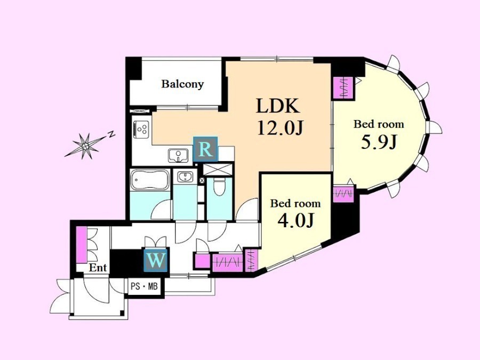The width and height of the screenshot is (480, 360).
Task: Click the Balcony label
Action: point(182,84)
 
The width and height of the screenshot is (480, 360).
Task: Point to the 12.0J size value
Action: point(281,127)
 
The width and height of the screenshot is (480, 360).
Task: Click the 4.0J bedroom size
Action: point(295,220)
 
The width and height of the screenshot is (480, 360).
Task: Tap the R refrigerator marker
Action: point(205,149)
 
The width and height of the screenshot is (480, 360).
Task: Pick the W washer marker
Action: point(156,260)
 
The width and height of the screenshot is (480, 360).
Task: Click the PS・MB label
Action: point(144,287)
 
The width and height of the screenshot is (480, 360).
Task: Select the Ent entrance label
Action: point(98,268)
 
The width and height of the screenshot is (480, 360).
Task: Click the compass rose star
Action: point(86,147)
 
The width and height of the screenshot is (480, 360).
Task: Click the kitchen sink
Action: point(179,156)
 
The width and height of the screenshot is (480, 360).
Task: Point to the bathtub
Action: point(150,180)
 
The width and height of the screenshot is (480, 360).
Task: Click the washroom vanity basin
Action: point(185,177)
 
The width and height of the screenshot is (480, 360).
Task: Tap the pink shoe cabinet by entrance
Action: point(81,244)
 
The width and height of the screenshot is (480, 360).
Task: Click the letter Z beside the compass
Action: point(112,134)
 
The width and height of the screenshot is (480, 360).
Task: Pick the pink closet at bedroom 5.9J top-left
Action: point(344,88)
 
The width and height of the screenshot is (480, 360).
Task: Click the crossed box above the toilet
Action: point(218,170)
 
